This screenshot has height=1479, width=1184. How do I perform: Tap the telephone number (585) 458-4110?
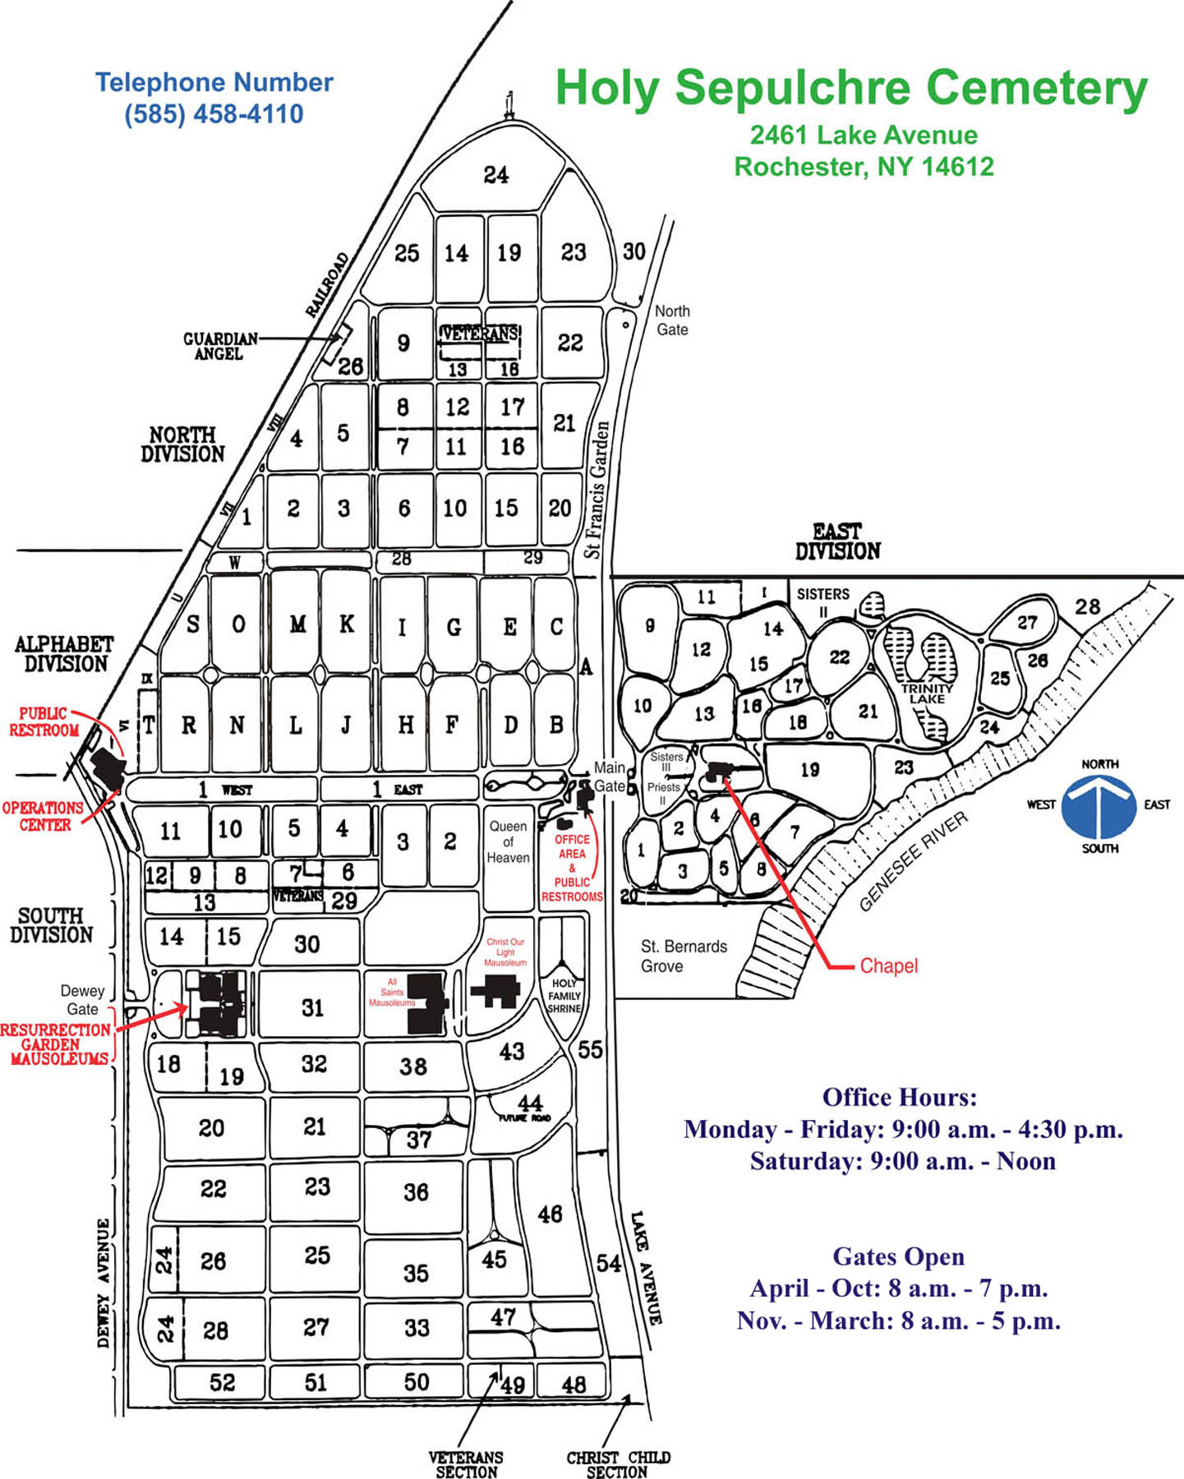click(x=214, y=113)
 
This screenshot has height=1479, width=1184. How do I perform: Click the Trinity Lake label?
click(x=927, y=693)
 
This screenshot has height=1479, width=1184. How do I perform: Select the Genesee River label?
click(x=913, y=861)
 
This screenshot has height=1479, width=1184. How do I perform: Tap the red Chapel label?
click(x=888, y=966)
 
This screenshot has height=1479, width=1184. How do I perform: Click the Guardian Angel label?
click(x=219, y=346)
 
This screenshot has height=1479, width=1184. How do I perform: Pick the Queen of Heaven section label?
click(x=508, y=841)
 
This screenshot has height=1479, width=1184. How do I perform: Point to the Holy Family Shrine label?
click(x=564, y=996)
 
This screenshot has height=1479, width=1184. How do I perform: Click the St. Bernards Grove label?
click(x=683, y=956)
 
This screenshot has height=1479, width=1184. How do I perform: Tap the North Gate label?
click(x=671, y=320)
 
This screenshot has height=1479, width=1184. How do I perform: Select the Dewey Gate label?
click(x=82, y=1000)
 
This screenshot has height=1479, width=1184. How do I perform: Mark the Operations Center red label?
click(x=43, y=816)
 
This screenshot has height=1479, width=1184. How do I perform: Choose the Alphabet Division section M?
click(x=297, y=624)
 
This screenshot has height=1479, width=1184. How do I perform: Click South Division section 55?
click(x=590, y=1049)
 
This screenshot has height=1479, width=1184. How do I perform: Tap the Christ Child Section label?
click(x=618, y=1464)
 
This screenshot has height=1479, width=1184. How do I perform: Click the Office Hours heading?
click(x=900, y=1098)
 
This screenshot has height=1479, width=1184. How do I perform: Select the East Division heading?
click(x=837, y=541)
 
